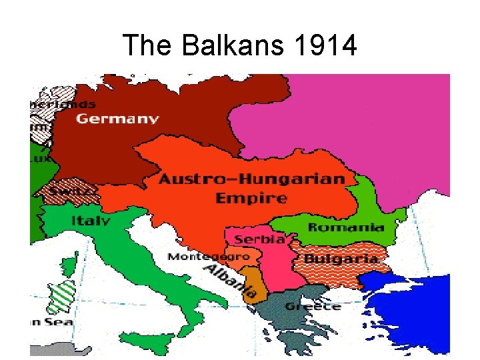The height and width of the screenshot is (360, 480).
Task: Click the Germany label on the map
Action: click(x=117, y=119)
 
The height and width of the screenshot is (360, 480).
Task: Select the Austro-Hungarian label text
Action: click(x=252, y=179)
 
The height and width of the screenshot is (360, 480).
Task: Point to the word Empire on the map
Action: click(x=251, y=198)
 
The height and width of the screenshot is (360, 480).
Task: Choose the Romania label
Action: click(x=346, y=227)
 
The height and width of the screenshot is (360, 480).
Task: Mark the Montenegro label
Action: click(x=209, y=257)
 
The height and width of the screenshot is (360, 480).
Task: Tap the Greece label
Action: click(x=313, y=307)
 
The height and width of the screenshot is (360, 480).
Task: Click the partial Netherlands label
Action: click(x=63, y=104)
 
